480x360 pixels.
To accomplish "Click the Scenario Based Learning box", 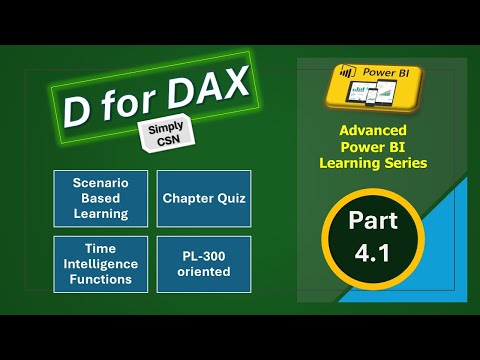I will pos(101,199).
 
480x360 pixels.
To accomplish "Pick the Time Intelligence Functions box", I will pos(101,264).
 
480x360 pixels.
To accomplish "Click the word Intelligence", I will pos(101,264).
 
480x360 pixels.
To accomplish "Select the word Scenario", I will pos(101,184).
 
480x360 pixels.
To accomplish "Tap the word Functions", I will pos(101,279).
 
